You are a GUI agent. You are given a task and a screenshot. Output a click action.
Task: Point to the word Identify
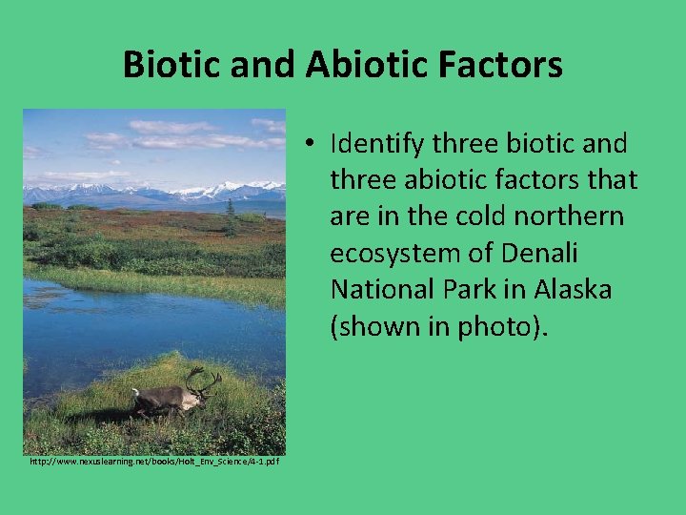coord(375,145)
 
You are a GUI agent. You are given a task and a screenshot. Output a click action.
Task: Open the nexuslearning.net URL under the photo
coord(153,462)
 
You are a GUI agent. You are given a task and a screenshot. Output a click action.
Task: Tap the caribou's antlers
coord(203,381)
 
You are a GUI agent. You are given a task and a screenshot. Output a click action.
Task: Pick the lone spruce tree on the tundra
coord(231,219)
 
